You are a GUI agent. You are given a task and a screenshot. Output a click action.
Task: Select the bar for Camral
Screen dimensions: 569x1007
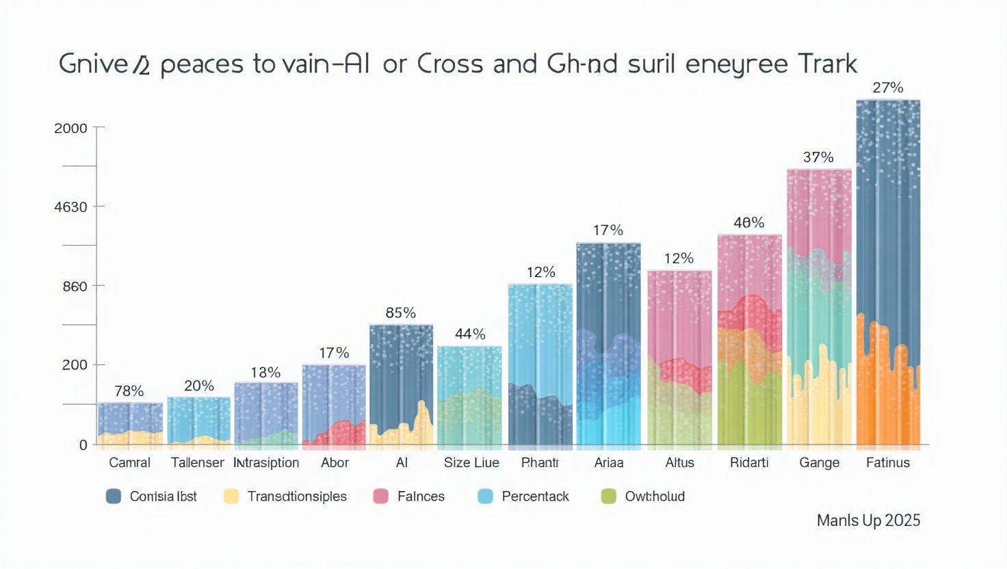pyautogui.click(x=130, y=424)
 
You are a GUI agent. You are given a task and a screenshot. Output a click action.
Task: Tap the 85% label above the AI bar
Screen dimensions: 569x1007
pyautogui.click(x=400, y=313)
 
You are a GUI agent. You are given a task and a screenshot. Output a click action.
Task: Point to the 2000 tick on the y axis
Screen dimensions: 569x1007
pyautogui.click(x=71, y=128)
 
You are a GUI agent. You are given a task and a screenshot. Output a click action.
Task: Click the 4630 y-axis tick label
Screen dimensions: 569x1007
pyautogui.click(x=71, y=207)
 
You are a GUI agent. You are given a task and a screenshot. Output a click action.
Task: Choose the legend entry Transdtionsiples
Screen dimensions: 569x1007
pyautogui.click(x=297, y=497)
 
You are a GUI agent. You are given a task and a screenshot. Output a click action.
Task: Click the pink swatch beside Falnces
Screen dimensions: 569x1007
pyautogui.click(x=380, y=497)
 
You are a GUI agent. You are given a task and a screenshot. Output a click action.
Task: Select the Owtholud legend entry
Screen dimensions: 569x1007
pyautogui.click(x=654, y=497)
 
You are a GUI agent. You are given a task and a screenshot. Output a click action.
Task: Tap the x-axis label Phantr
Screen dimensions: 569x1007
pyautogui.click(x=540, y=462)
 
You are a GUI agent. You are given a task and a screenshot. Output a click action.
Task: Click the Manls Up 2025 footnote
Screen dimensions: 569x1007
pyautogui.click(x=868, y=520)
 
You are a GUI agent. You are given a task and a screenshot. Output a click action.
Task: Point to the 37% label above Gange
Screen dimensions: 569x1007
pyautogui.click(x=818, y=157)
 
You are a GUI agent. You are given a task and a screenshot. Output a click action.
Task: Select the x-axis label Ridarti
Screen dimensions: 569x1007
pyautogui.click(x=749, y=462)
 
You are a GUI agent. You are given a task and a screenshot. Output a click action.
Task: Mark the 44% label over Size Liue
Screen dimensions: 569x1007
pyautogui.click(x=470, y=334)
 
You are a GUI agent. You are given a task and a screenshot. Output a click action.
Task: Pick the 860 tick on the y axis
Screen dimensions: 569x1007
pyautogui.click(x=75, y=287)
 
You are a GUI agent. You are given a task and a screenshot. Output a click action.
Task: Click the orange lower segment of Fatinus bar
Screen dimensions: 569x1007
pyautogui.click(x=887, y=397)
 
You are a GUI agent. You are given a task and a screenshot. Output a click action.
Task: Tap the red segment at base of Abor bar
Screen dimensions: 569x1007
pyautogui.click(x=335, y=435)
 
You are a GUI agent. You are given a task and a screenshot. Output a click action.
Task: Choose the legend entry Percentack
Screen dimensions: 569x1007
pyautogui.click(x=535, y=497)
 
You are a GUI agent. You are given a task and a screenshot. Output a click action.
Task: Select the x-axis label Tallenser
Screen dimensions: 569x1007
pyautogui.click(x=197, y=462)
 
